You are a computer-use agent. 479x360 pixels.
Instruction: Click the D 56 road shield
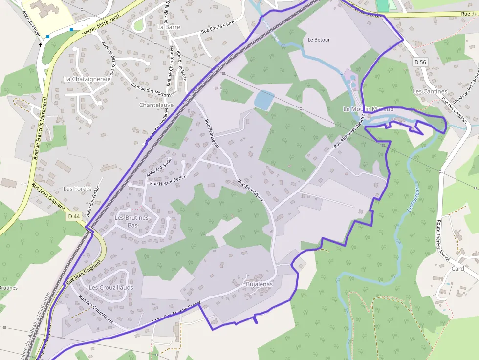[x=420, y=62]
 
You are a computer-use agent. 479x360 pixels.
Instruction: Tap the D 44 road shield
[x=74, y=216]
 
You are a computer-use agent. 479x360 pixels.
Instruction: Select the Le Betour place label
[x=319, y=40]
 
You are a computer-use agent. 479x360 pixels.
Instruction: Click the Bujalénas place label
[x=259, y=284]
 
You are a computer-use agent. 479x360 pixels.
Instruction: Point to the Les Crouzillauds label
[x=111, y=288]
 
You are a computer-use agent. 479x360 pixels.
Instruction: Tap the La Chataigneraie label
[x=87, y=78]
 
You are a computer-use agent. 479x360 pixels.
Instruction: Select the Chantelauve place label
[x=156, y=105]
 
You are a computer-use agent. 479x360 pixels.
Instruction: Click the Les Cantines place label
[x=430, y=91]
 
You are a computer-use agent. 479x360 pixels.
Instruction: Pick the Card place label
[x=457, y=269]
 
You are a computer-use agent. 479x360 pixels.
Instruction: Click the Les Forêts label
[x=77, y=189]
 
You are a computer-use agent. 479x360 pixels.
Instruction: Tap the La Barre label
[x=169, y=27]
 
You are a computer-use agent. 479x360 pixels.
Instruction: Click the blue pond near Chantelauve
[x=264, y=100]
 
